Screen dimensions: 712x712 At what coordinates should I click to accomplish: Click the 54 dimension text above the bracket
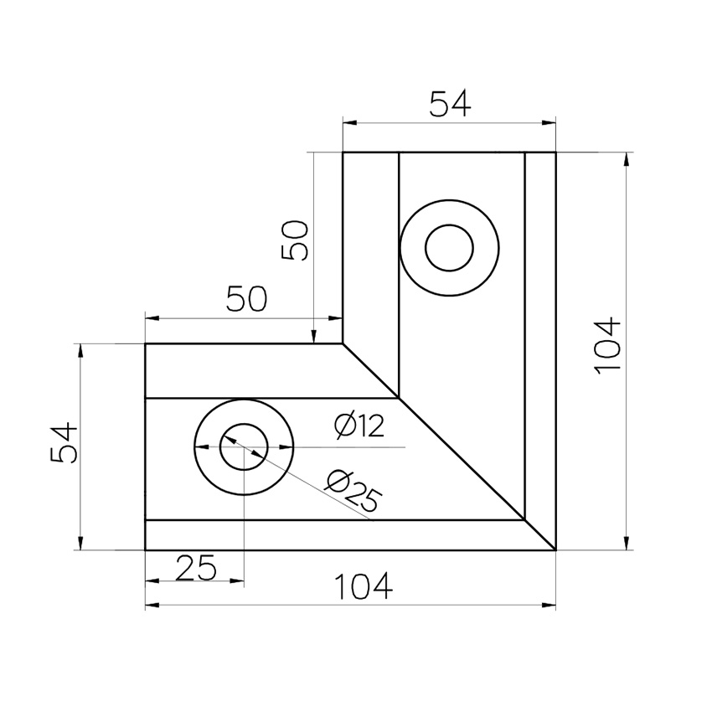pyautogui.click(x=450, y=104)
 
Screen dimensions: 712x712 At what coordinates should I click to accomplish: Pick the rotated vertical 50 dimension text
pyautogui.click(x=296, y=241)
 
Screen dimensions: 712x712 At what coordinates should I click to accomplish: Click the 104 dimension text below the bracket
pyautogui.click(x=364, y=587)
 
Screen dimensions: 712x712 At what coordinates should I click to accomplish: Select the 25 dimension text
pyautogui.click(x=196, y=569)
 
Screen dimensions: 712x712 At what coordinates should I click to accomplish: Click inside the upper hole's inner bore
pyautogui.click(x=449, y=248)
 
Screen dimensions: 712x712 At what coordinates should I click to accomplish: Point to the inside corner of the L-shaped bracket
pyautogui.click(x=343, y=343)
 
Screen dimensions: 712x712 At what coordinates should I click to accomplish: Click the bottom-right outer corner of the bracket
pyautogui.click(x=555, y=550)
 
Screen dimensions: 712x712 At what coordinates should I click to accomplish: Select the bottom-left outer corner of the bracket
pyautogui.click(x=146, y=550)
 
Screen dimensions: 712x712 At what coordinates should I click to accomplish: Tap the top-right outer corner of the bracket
pyautogui.click(x=555, y=152)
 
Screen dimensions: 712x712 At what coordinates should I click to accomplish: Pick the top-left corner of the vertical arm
pyautogui.click(x=343, y=152)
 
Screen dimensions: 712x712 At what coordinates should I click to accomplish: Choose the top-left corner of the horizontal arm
pyautogui.click(x=146, y=343)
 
